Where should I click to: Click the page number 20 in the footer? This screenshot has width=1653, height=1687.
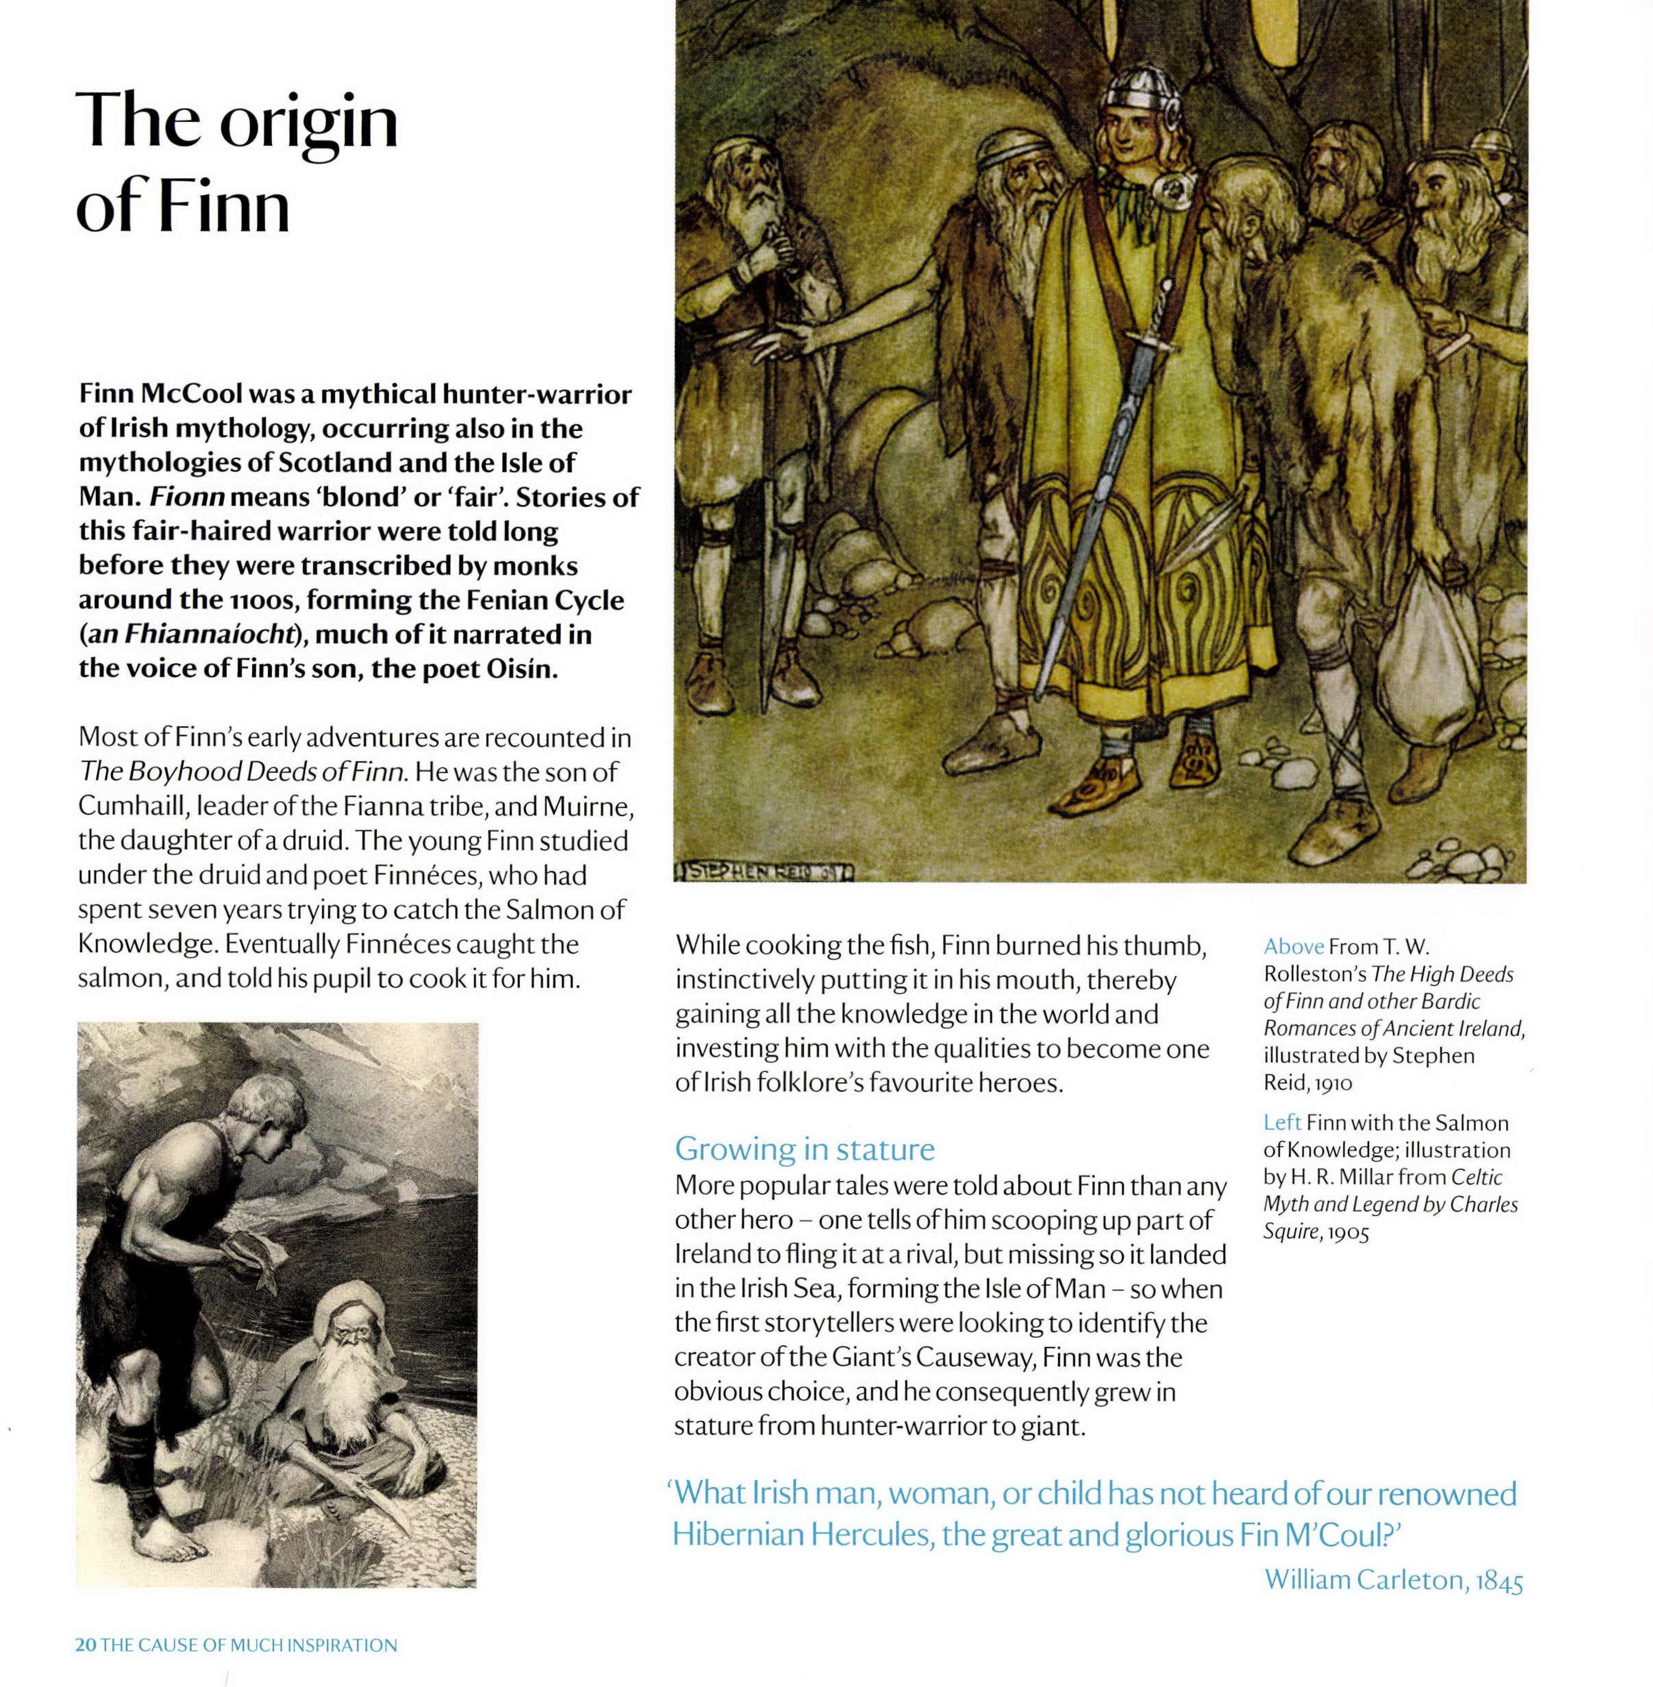pyautogui.click(x=85, y=1645)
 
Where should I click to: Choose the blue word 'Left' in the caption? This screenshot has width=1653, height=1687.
pyautogui.click(x=1281, y=1123)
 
